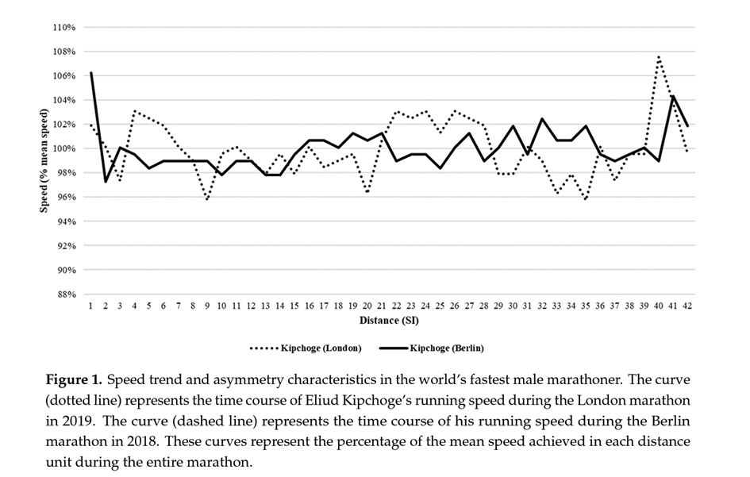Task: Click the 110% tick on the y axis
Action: [x=63, y=27]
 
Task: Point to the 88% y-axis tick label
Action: [x=65, y=294]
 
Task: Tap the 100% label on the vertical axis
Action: [x=63, y=148]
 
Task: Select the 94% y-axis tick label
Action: [x=65, y=221]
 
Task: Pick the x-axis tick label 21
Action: [x=382, y=306]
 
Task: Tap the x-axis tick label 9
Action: [x=207, y=306]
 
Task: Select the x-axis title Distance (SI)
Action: [x=388, y=321]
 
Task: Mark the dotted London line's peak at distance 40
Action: [x=659, y=56]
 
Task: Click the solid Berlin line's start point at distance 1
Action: [x=91, y=73]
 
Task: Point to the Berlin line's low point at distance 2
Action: [x=106, y=182]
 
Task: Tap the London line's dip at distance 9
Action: [x=207, y=199]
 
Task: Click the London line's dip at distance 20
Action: [x=367, y=192]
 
